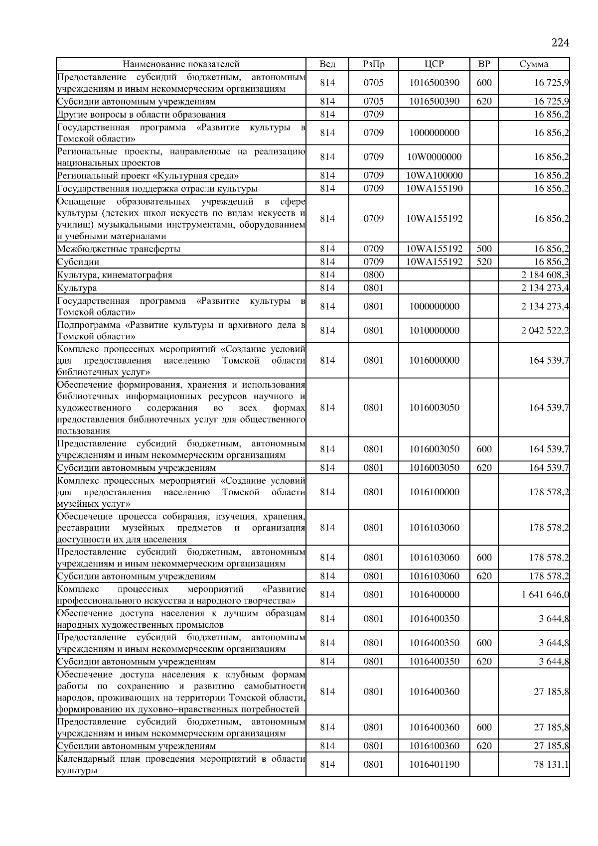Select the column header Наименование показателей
(x=181, y=64)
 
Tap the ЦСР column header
(x=434, y=64)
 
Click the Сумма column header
(x=534, y=64)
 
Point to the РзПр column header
(x=373, y=64)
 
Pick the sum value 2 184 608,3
(x=545, y=275)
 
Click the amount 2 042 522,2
(x=545, y=330)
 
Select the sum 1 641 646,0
(x=545, y=594)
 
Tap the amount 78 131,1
(x=551, y=764)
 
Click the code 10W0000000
(x=434, y=157)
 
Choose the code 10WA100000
(x=434, y=175)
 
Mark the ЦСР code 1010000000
(x=434, y=330)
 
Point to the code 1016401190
(x=434, y=764)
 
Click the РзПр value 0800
(x=373, y=275)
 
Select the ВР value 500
(x=484, y=249)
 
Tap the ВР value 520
(x=484, y=262)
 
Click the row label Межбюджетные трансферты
(x=119, y=249)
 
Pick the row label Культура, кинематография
(x=115, y=275)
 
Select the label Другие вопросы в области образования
(x=141, y=115)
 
